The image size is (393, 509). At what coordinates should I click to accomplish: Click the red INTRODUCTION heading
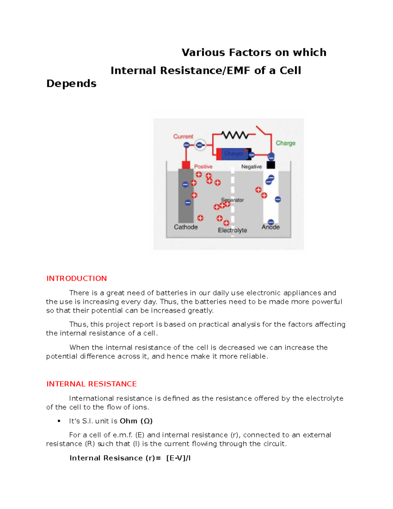coord(76,278)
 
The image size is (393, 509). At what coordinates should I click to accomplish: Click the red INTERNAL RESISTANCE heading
coord(91,384)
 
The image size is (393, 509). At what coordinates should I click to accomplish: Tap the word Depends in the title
coord(71,84)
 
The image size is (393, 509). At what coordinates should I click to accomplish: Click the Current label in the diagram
coord(183,136)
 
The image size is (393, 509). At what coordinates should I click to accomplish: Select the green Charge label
coord(285,143)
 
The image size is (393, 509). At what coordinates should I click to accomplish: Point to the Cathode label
coord(186,227)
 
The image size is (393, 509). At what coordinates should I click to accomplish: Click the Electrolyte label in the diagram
coord(232,230)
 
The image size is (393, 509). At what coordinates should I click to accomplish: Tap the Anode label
coord(271,227)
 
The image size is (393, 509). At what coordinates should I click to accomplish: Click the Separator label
coord(233,200)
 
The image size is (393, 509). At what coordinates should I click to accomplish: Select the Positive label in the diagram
coord(203,166)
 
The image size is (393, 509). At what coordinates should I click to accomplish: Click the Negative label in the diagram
coord(251,166)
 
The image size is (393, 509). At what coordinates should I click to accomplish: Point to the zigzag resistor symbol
coord(235,135)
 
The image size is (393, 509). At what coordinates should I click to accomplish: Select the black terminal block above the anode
coord(271,165)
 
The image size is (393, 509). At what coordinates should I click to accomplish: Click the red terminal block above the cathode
coord(186,165)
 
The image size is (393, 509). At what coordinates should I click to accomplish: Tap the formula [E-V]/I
coord(178,458)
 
